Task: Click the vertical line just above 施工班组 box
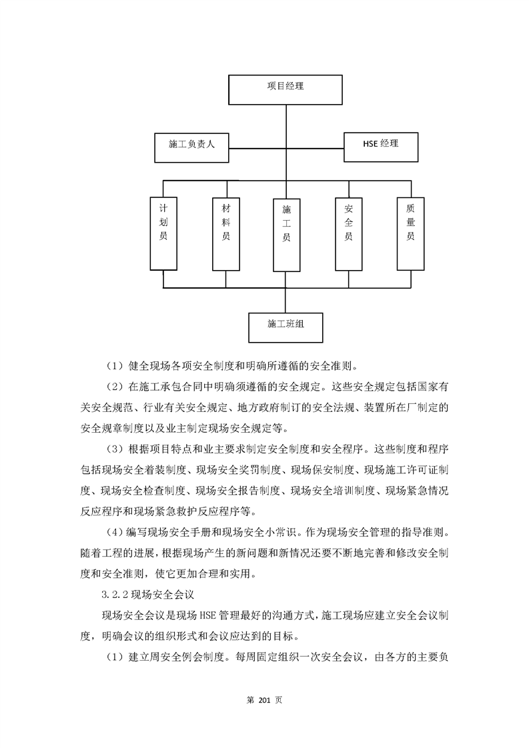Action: pyautogui.click(x=286, y=300)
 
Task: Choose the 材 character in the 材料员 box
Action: pyautogui.click(x=226, y=209)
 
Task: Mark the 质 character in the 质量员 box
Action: pyautogui.click(x=410, y=209)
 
